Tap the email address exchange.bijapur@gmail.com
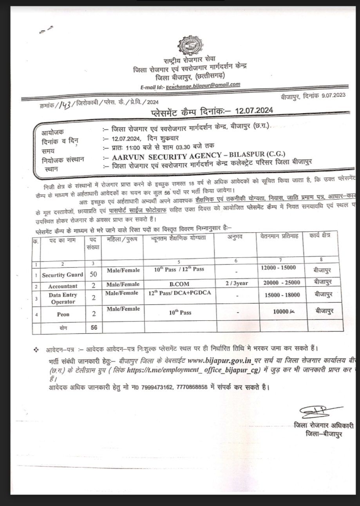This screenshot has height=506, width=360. pos(203,84)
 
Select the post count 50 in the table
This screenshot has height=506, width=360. pos(93,274)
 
